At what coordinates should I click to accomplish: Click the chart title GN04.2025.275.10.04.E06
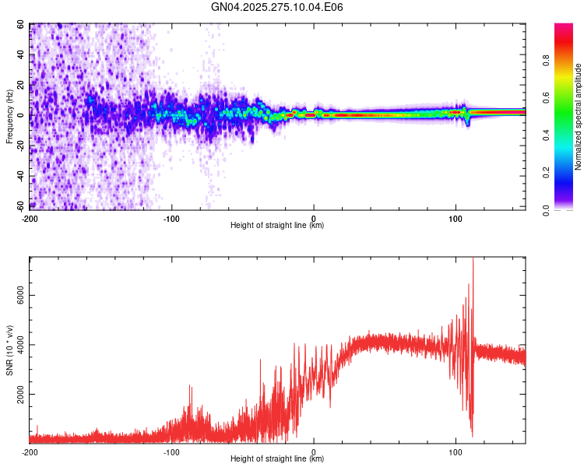[277, 7]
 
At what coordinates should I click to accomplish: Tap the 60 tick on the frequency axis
[21, 25]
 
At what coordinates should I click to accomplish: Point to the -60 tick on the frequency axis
[19, 206]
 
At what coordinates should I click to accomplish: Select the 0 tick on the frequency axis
[24, 115]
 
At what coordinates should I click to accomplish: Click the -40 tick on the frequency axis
[19, 176]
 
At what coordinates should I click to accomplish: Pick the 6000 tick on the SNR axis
[16, 296]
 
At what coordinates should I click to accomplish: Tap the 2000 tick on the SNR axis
[16, 395]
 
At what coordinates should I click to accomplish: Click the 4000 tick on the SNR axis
[16, 345]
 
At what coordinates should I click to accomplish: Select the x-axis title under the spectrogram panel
[277, 225]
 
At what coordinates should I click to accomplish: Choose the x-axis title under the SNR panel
[277, 458]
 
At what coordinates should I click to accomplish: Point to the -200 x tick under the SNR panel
[30, 451]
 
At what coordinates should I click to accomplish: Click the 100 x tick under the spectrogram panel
[456, 217]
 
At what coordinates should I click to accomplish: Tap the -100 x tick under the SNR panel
[171, 451]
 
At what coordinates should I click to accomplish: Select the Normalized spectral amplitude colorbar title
[578, 117]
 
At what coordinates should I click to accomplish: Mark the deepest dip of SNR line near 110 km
[472, 436]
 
